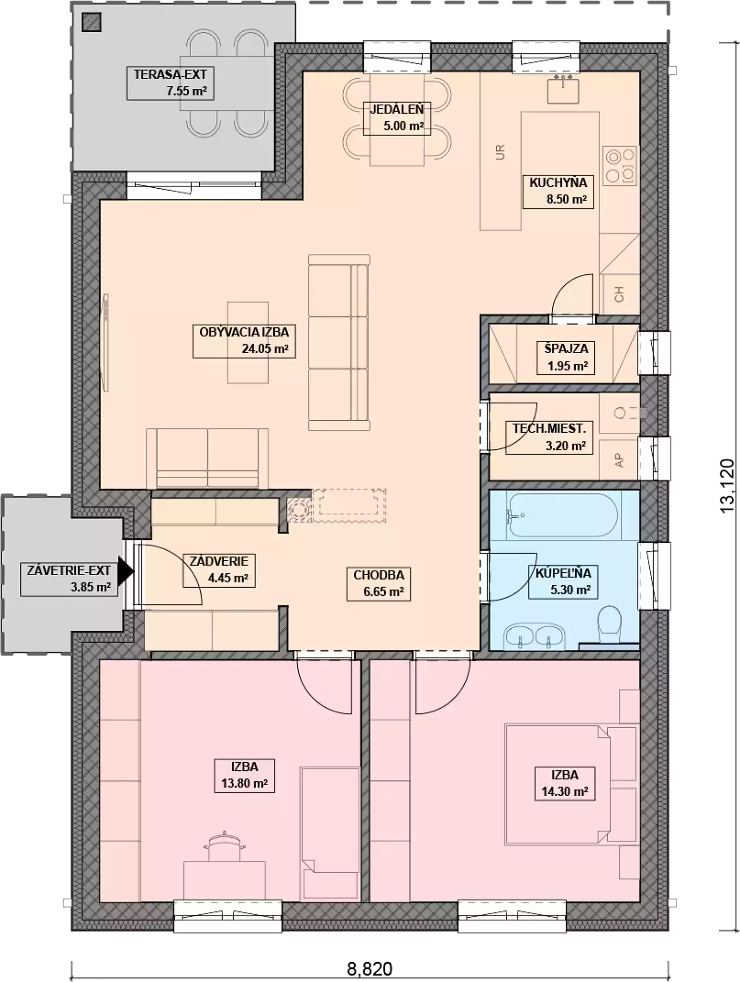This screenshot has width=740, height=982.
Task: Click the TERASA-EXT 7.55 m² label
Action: (x=170, y=83)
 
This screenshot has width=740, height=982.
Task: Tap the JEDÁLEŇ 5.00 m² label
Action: (x=397, y=118)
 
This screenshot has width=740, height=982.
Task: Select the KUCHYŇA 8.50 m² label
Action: (x=558, y=192)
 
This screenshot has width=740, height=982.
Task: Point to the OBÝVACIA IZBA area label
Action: (x=244, y=341)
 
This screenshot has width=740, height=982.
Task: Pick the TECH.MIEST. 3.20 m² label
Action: (x=549, y=437)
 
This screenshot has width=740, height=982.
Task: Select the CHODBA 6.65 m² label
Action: (x=379, y=583)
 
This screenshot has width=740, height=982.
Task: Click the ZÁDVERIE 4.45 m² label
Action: (x=219, y=570)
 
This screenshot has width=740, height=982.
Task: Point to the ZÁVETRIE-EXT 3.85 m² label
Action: (x=69, y=579)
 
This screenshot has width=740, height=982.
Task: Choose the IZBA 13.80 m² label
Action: (x=245, y=775)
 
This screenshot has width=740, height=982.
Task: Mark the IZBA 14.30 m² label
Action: (x=565, y=783)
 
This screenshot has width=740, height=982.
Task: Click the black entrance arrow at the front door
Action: (x=125, y=571)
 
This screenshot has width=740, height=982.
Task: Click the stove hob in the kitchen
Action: (x=621, y=166)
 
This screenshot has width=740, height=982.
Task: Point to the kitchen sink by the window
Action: (x=563, y=89)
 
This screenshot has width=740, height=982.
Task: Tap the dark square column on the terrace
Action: (x=91, y=22)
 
